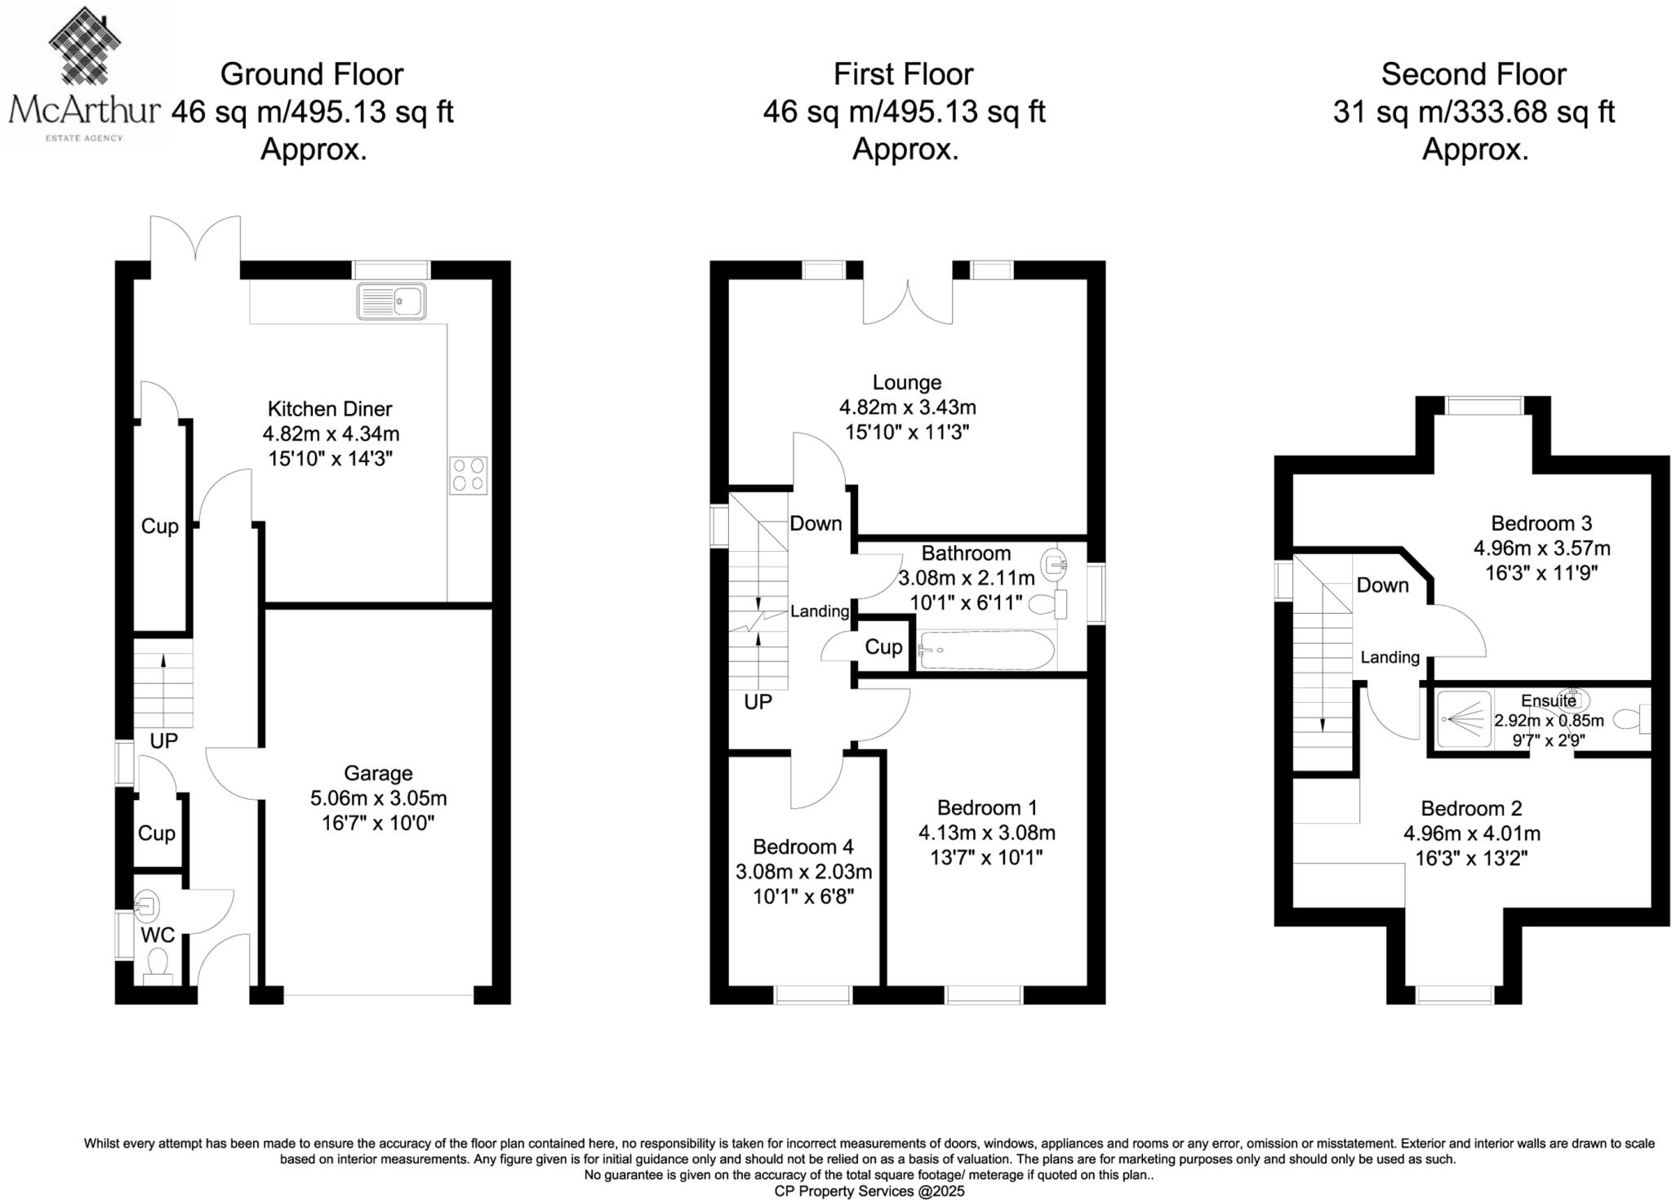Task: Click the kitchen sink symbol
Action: (391, 301)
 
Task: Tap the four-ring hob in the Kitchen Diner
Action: (468, 475)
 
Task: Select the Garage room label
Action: (378, 773)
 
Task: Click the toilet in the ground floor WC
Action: (158, 965)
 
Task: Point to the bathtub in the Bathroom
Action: (986, 651)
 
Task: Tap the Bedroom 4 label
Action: (803, 847)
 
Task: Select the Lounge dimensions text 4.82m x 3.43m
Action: (907, 407)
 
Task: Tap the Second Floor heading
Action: (1473, 74)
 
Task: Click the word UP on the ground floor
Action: (163, 741)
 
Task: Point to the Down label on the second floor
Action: (1382, 585)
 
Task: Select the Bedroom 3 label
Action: (1541, 523)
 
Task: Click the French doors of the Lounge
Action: (908, 303)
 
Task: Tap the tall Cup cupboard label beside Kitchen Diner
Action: (159, 527)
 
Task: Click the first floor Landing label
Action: (819, 611)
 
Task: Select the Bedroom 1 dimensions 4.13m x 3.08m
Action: (986, 833)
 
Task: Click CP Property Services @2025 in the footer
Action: (869, 1191)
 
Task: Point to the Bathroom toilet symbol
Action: (1048, 605)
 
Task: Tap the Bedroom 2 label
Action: (1471, 809)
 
